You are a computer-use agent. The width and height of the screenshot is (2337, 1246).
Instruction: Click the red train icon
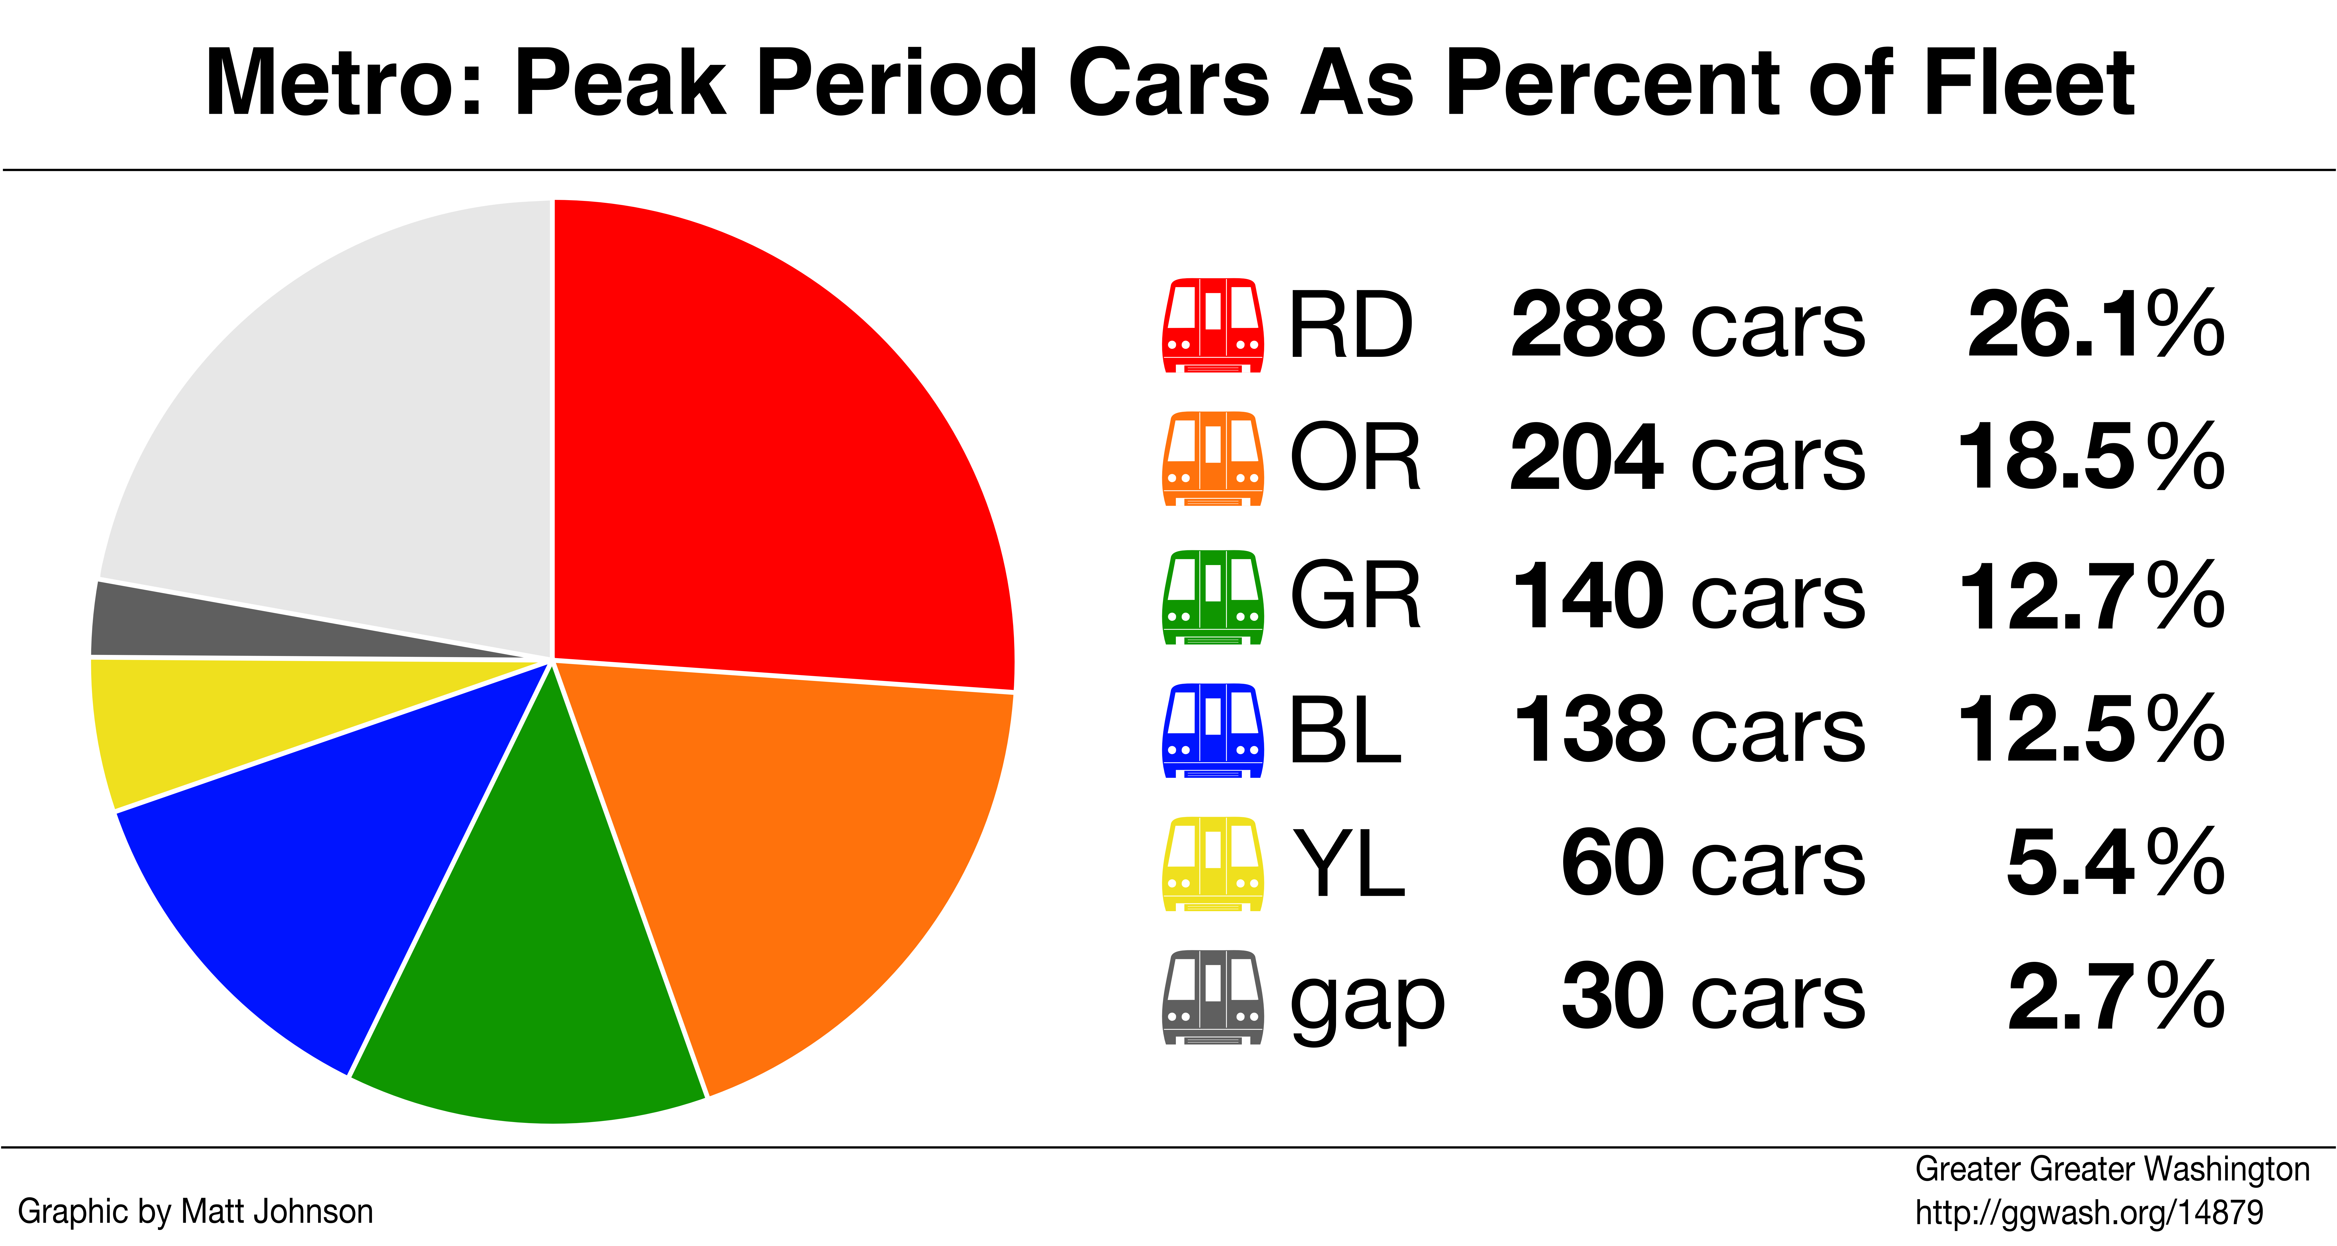pyautogui.click(x=1212, y=325)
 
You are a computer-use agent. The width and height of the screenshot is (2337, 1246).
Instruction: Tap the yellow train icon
pyautogui.click(x=1212, y=863)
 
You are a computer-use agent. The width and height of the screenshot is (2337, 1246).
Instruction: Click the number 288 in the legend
pyautogui.click(x=1588, y=324)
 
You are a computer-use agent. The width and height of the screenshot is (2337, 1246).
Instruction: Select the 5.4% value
pyautogui.click(x=2116, y=862)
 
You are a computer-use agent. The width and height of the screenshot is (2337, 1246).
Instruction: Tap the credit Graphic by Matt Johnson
pyautogui.click(x=195, y=1211)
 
